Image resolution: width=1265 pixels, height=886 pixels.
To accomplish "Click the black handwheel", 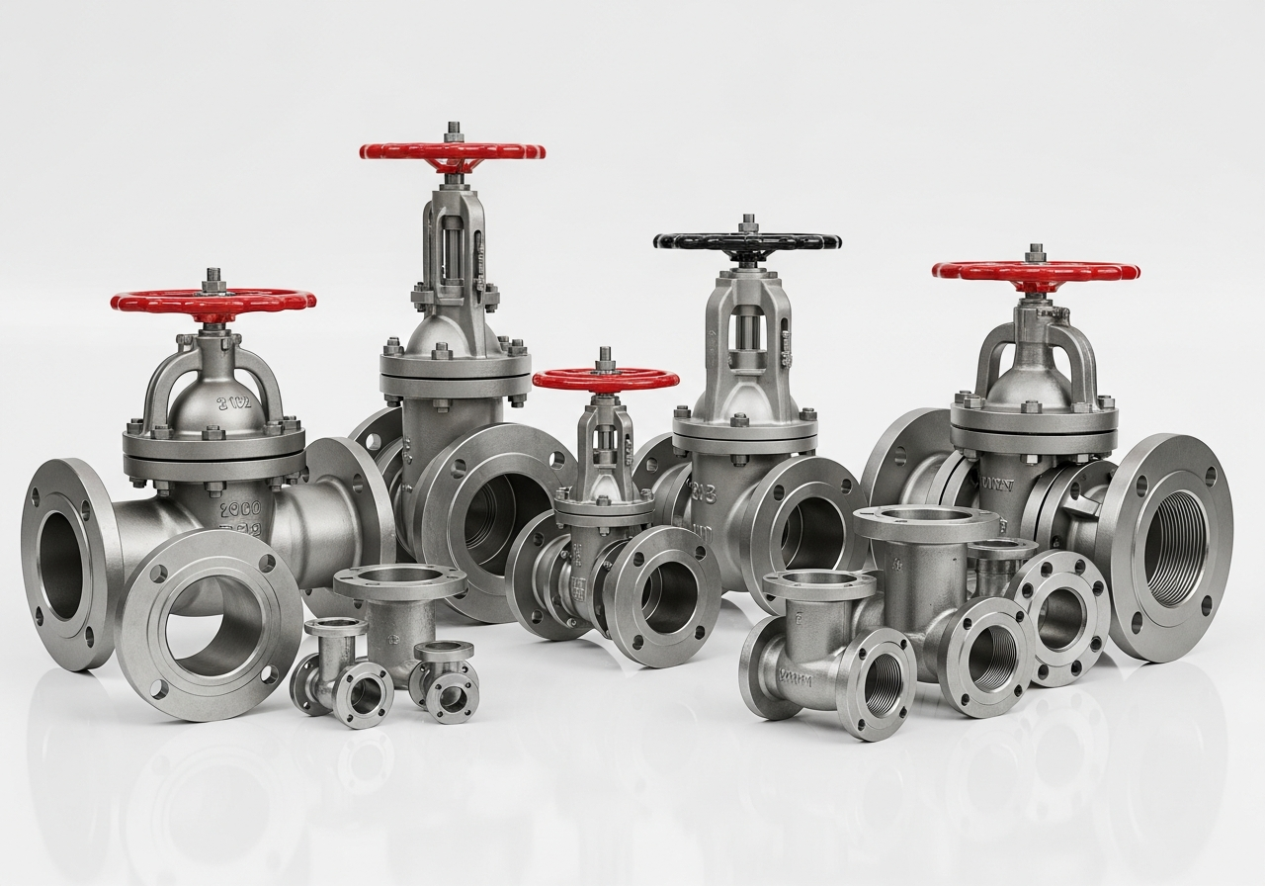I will (x=747, y=241).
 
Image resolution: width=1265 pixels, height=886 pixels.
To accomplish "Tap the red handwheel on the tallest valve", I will (x=453, y=151).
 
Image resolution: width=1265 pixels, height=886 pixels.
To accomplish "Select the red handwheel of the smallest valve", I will (x=606, y=379).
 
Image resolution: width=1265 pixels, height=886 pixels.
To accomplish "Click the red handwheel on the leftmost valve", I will (x=213, y=300).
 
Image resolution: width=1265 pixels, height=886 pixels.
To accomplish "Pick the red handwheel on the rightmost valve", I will (x=1036, y=271).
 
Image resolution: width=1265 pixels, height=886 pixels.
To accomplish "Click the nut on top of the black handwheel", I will (x=748, y=222).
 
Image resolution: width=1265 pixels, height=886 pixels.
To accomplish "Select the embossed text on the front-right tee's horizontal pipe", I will (x=795, y=679).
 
